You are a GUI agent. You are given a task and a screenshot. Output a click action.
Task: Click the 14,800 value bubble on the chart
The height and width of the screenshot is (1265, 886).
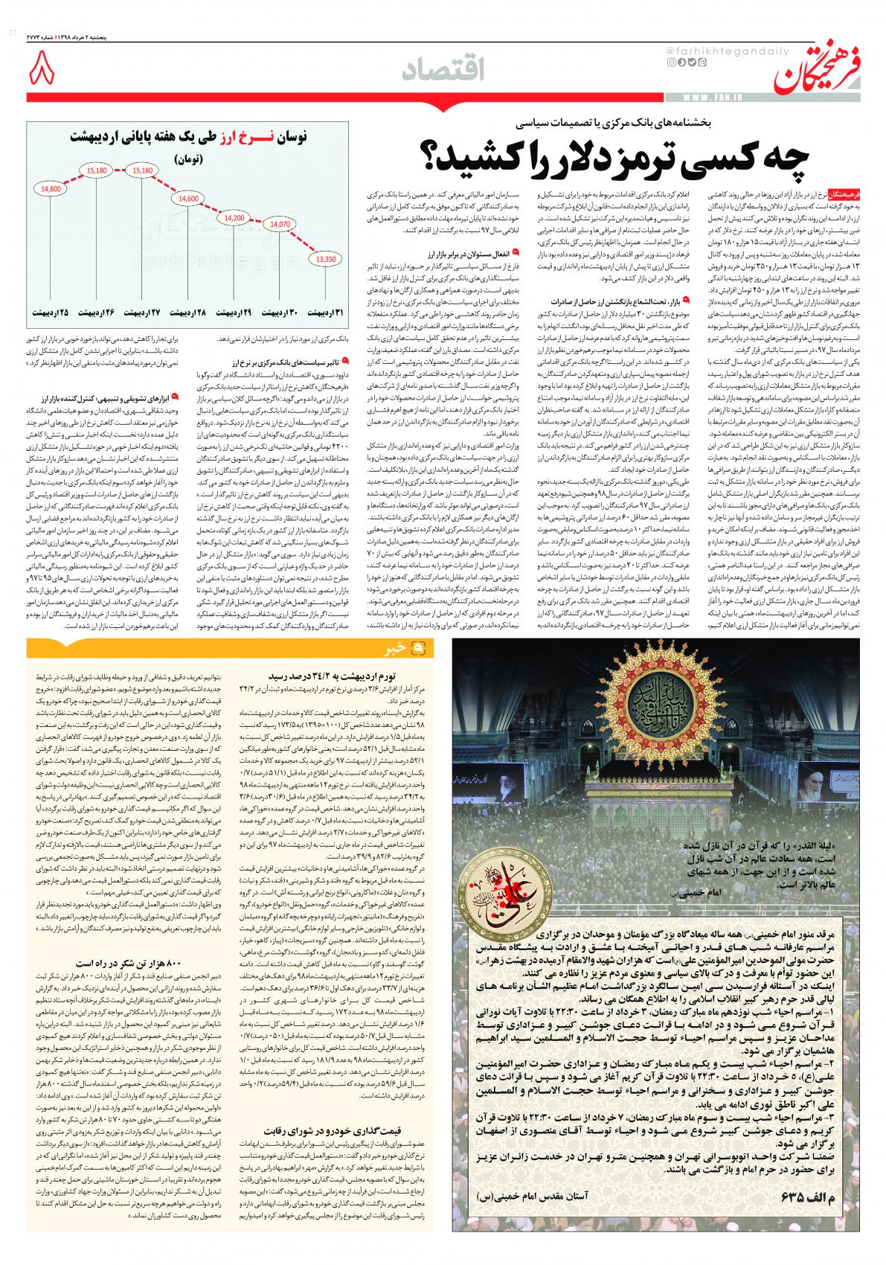[x=51, y=189]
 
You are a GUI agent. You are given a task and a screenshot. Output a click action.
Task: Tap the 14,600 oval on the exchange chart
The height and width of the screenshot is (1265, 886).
[x=188, y=199]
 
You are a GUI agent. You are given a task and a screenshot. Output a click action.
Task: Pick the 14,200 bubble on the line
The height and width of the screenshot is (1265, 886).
[x=234, y=218]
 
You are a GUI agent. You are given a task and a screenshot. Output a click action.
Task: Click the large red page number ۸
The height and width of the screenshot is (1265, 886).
[x=42, y=72]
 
